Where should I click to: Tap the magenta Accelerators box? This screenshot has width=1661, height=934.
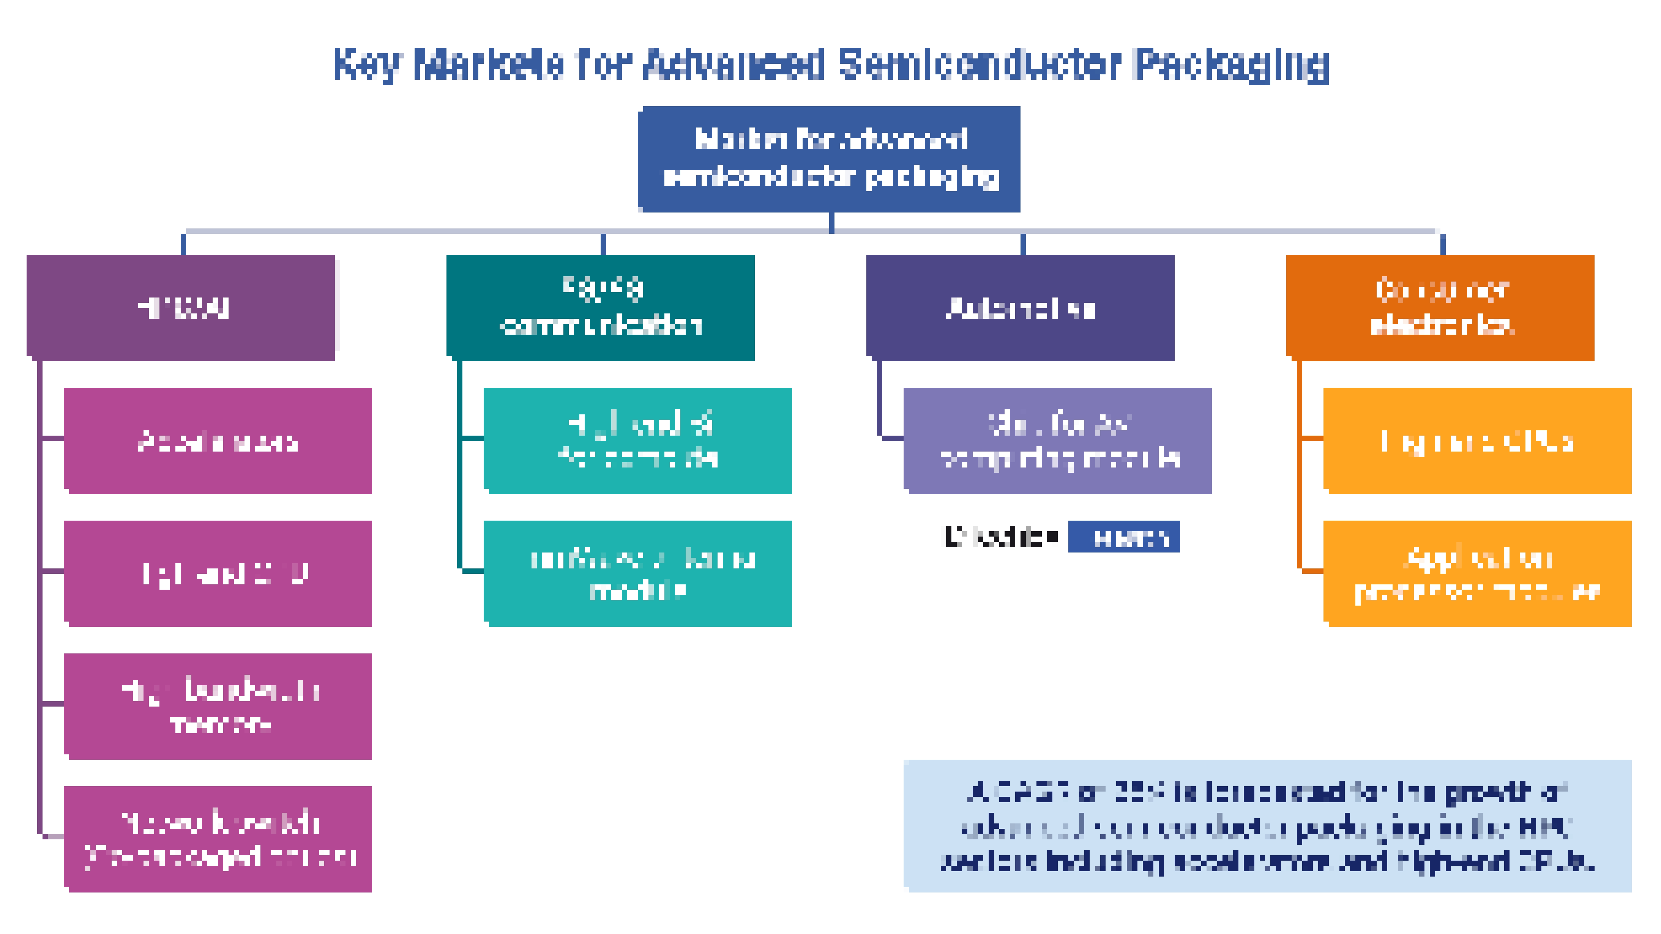tap(218, 441)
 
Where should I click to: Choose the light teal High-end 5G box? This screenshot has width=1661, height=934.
tap(638, 441)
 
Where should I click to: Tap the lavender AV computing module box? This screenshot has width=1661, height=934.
tap(1057, 441)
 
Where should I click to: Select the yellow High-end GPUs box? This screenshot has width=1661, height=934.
tap(1477, 441)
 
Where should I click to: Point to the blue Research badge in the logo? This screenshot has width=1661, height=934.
tap(1124, 537)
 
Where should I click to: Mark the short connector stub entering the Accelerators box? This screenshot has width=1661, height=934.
tap(53, 438)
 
